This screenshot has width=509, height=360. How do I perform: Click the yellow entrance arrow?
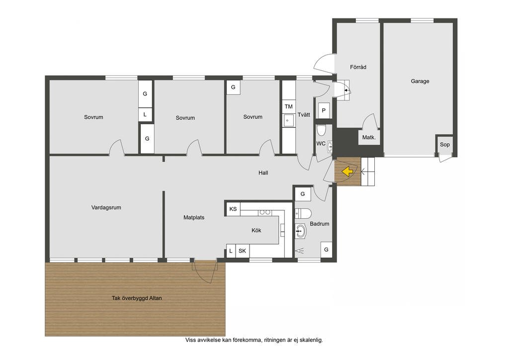click(347, 171)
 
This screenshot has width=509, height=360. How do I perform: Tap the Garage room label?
click(420, 81)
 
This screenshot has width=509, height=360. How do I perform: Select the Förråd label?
click(358, 67)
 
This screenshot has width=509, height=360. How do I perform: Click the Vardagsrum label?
click(106, 207)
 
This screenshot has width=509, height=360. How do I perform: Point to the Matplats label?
click(194, 217)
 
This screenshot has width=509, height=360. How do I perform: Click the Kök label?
click(256, 231)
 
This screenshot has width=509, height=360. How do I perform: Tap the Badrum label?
click(320, 224)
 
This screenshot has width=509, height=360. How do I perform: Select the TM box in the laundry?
click(289, 106)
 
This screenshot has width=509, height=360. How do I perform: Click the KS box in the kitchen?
click(233, 209)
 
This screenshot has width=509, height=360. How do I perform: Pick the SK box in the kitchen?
click(242, 251)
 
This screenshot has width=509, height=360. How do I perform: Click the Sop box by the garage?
click(445, 145)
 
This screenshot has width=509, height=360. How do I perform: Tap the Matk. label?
click(369, 137)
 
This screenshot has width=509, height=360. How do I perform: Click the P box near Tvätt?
click(324, 110)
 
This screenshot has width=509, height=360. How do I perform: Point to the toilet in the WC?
click(322, 130)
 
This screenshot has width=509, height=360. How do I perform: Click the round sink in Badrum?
click(301, 231)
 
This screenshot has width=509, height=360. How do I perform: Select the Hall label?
click(263, 173)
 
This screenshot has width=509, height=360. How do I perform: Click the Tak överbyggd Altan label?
click(137, 298)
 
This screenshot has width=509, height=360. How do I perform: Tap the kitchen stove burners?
click(265, 212)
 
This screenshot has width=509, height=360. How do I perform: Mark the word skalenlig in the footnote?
click(311, 340)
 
